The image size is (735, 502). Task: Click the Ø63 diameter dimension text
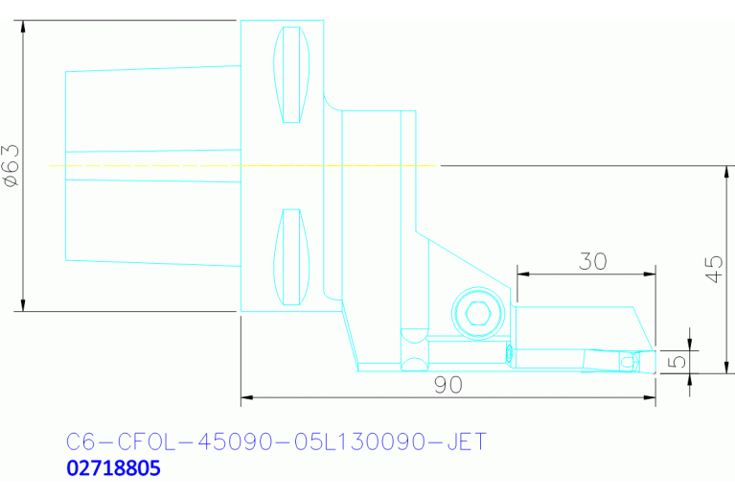[x=11, y=165]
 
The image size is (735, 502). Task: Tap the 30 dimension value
[x=593, y=260]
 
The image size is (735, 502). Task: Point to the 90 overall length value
[x=448, y=384]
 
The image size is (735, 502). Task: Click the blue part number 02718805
[x=113, y=469]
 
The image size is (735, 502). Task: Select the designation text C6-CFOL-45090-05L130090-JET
[x=276, y=442]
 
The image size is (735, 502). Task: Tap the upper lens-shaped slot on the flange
[x=293, y=75]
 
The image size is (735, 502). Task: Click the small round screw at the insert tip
[x=628, y=361]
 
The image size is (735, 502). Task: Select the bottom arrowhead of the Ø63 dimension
[x=22, y=305]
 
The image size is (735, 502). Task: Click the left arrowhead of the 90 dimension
[x=246, y=395]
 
